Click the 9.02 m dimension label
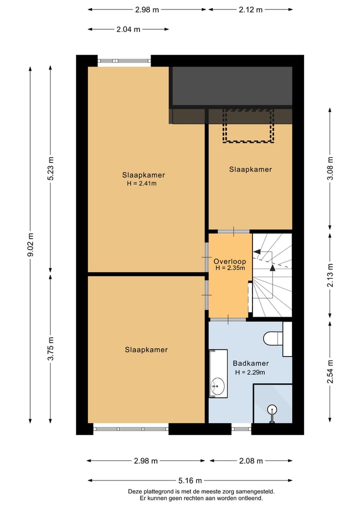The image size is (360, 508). pos(30,245)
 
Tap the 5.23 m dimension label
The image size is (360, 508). pos(50,168)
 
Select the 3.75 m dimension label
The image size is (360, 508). pos(50,349)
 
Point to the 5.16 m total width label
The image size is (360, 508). pos(190,481)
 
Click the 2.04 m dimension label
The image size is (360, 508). pos(128,29)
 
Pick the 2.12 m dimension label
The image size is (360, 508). pos(250,9)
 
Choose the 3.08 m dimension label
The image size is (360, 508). pos(330,168)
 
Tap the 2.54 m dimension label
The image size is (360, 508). pos(330,372)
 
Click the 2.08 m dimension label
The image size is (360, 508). pos(251,461)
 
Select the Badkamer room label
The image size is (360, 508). pos(250,364)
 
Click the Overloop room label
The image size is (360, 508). pos(229,261)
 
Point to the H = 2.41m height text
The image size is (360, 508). pos(141,183)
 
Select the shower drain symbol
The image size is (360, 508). pos(272,411)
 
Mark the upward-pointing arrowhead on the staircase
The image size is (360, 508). pos(272,268)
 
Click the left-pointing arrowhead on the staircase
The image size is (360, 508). pos(256,251)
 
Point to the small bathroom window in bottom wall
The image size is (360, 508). pos(241,429)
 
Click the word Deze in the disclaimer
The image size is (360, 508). pos(135,492)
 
